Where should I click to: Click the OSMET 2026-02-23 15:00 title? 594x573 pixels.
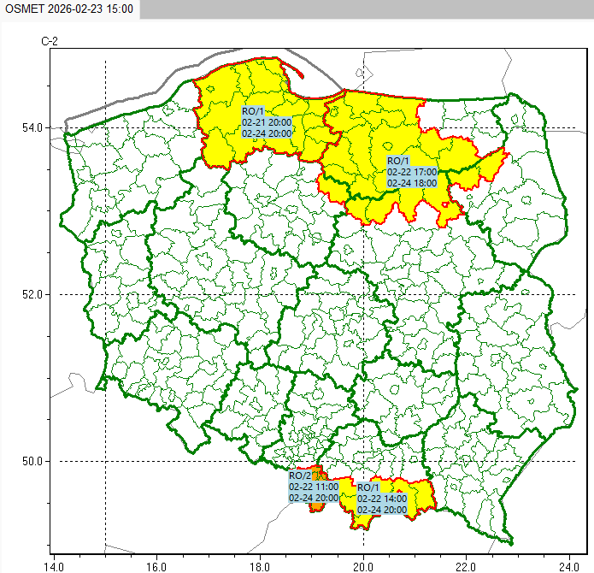(68, 9)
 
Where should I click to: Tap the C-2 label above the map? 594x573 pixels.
(50, 41)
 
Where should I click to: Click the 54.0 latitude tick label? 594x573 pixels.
(32, 127)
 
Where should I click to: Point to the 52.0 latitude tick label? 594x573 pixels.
(32, 294)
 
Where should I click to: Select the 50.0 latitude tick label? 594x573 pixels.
(32, 462)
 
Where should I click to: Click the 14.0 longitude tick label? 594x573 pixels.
(53, 564)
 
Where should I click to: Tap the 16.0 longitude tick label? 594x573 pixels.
(156, 564)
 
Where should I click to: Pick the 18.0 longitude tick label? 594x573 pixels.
(260, 564)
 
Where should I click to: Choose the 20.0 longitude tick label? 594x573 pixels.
(363, 564)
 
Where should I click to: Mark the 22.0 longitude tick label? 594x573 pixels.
(467, 564)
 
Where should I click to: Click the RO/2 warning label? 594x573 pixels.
(300, 476)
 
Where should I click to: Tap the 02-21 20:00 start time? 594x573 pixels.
(267, 122)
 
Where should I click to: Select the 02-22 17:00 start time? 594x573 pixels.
(412, 172)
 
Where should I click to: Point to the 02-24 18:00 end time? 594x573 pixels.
(412, 183)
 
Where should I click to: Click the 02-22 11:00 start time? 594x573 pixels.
(314, 487)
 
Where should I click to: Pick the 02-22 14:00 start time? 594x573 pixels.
(382, 499)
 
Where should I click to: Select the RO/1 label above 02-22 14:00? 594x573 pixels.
(368, 487)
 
